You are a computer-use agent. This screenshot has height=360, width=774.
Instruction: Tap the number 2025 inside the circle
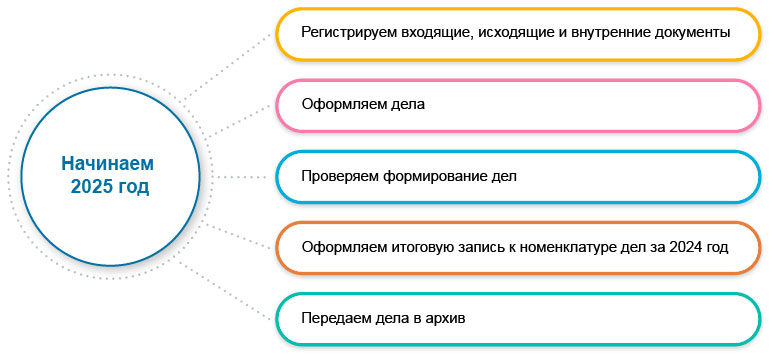[90, 187]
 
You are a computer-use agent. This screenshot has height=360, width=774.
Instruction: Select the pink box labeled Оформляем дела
[518, 104]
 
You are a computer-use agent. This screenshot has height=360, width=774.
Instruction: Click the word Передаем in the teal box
[338, 319]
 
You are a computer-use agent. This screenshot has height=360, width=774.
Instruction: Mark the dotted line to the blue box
[245, 176]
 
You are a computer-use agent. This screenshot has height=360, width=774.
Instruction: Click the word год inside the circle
[130, 187]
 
